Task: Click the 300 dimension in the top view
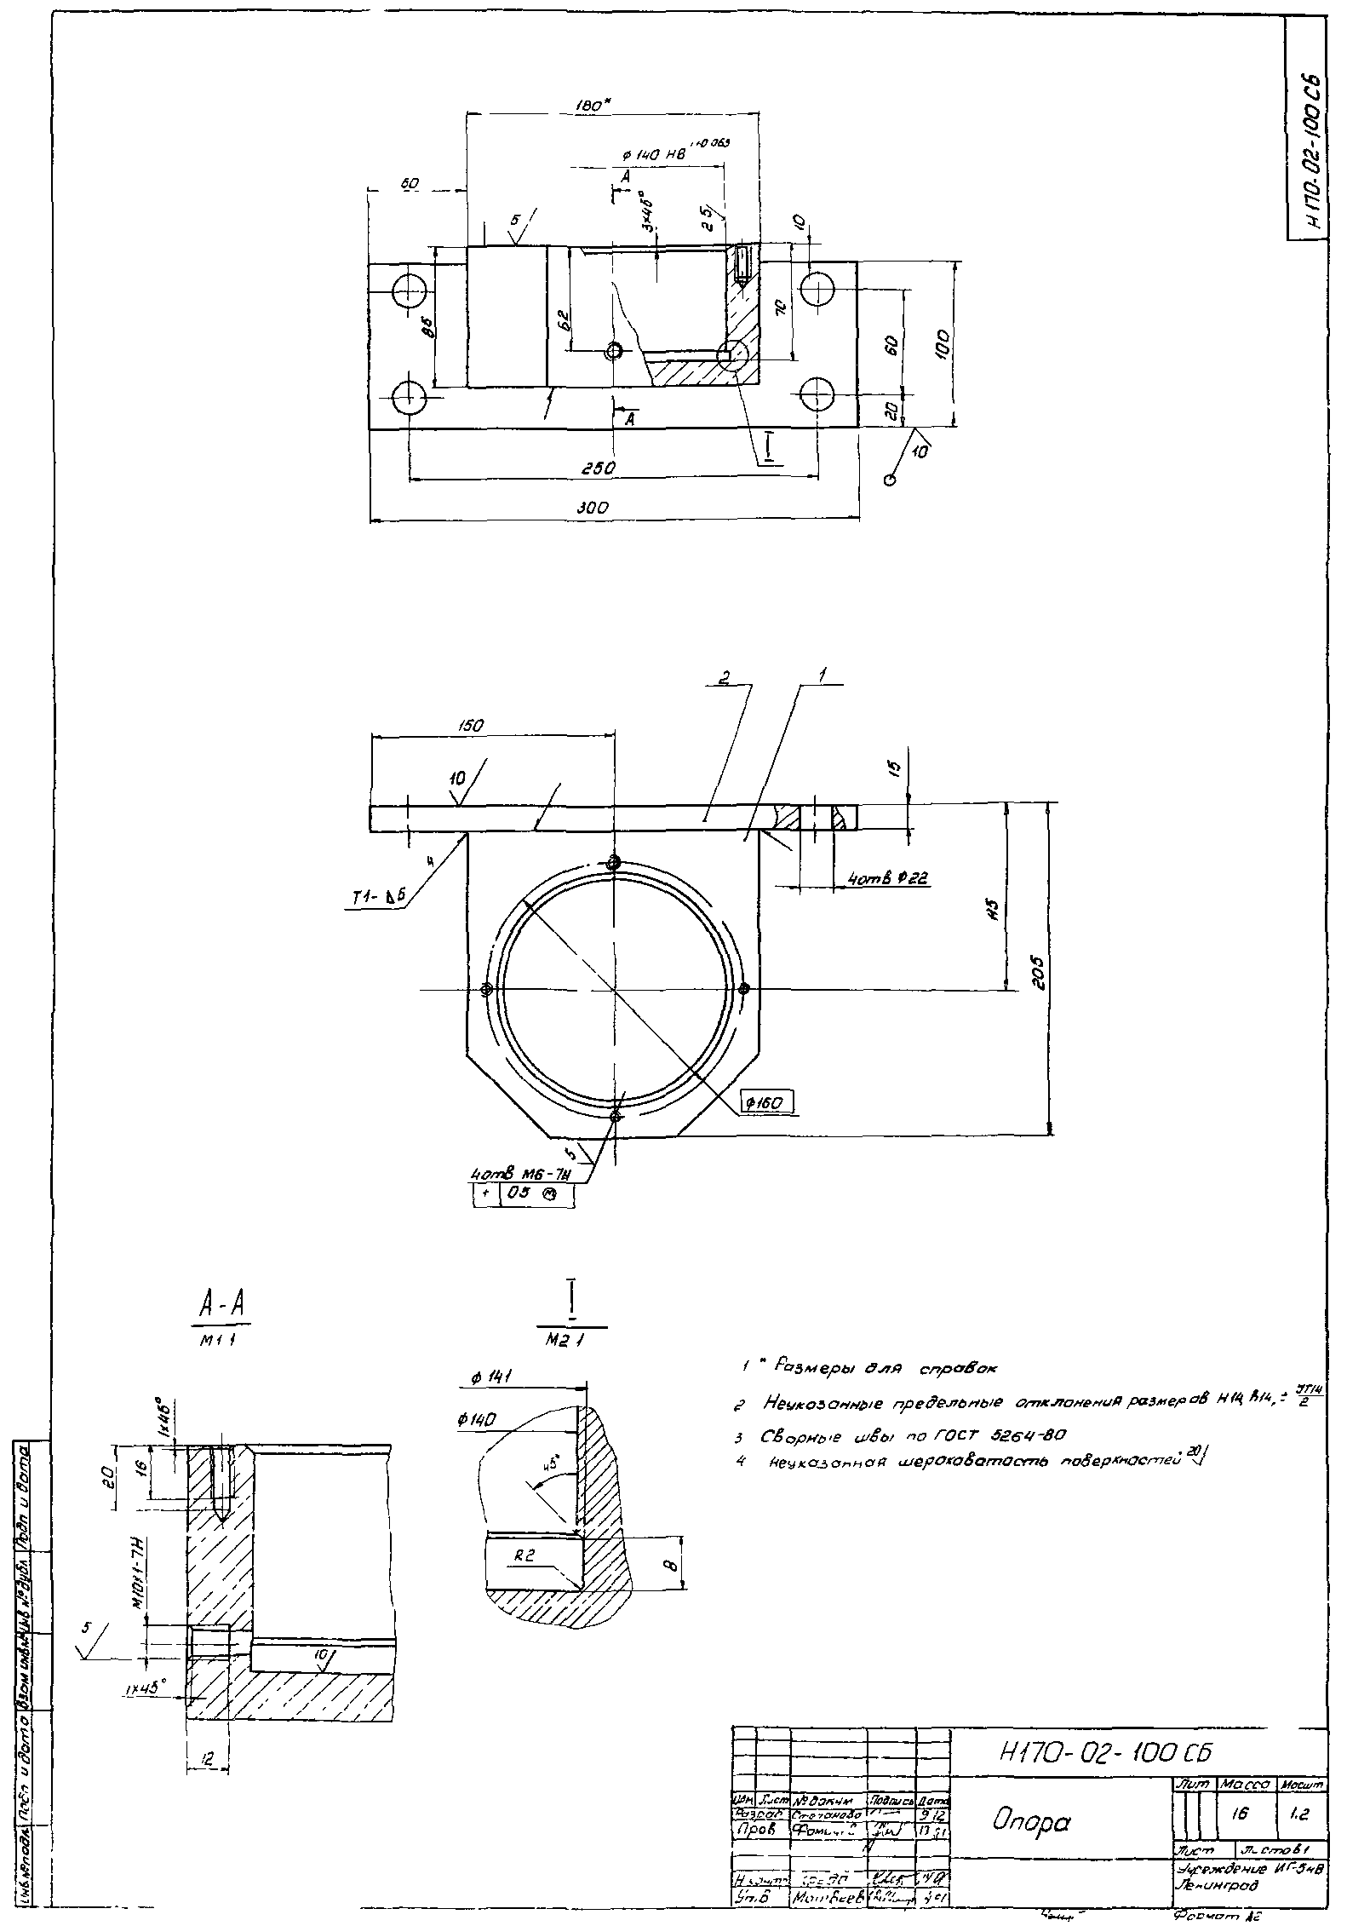click(x=592, y=508)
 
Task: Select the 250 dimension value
click(x=599, y=469)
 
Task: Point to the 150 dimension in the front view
click(x=471, y=726)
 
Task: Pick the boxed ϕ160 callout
click(x=766, y=1104)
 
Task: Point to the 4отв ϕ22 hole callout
click(x=886, y=877)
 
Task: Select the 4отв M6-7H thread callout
click(x=519, y=1175)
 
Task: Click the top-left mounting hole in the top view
click(x=409, y=293)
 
